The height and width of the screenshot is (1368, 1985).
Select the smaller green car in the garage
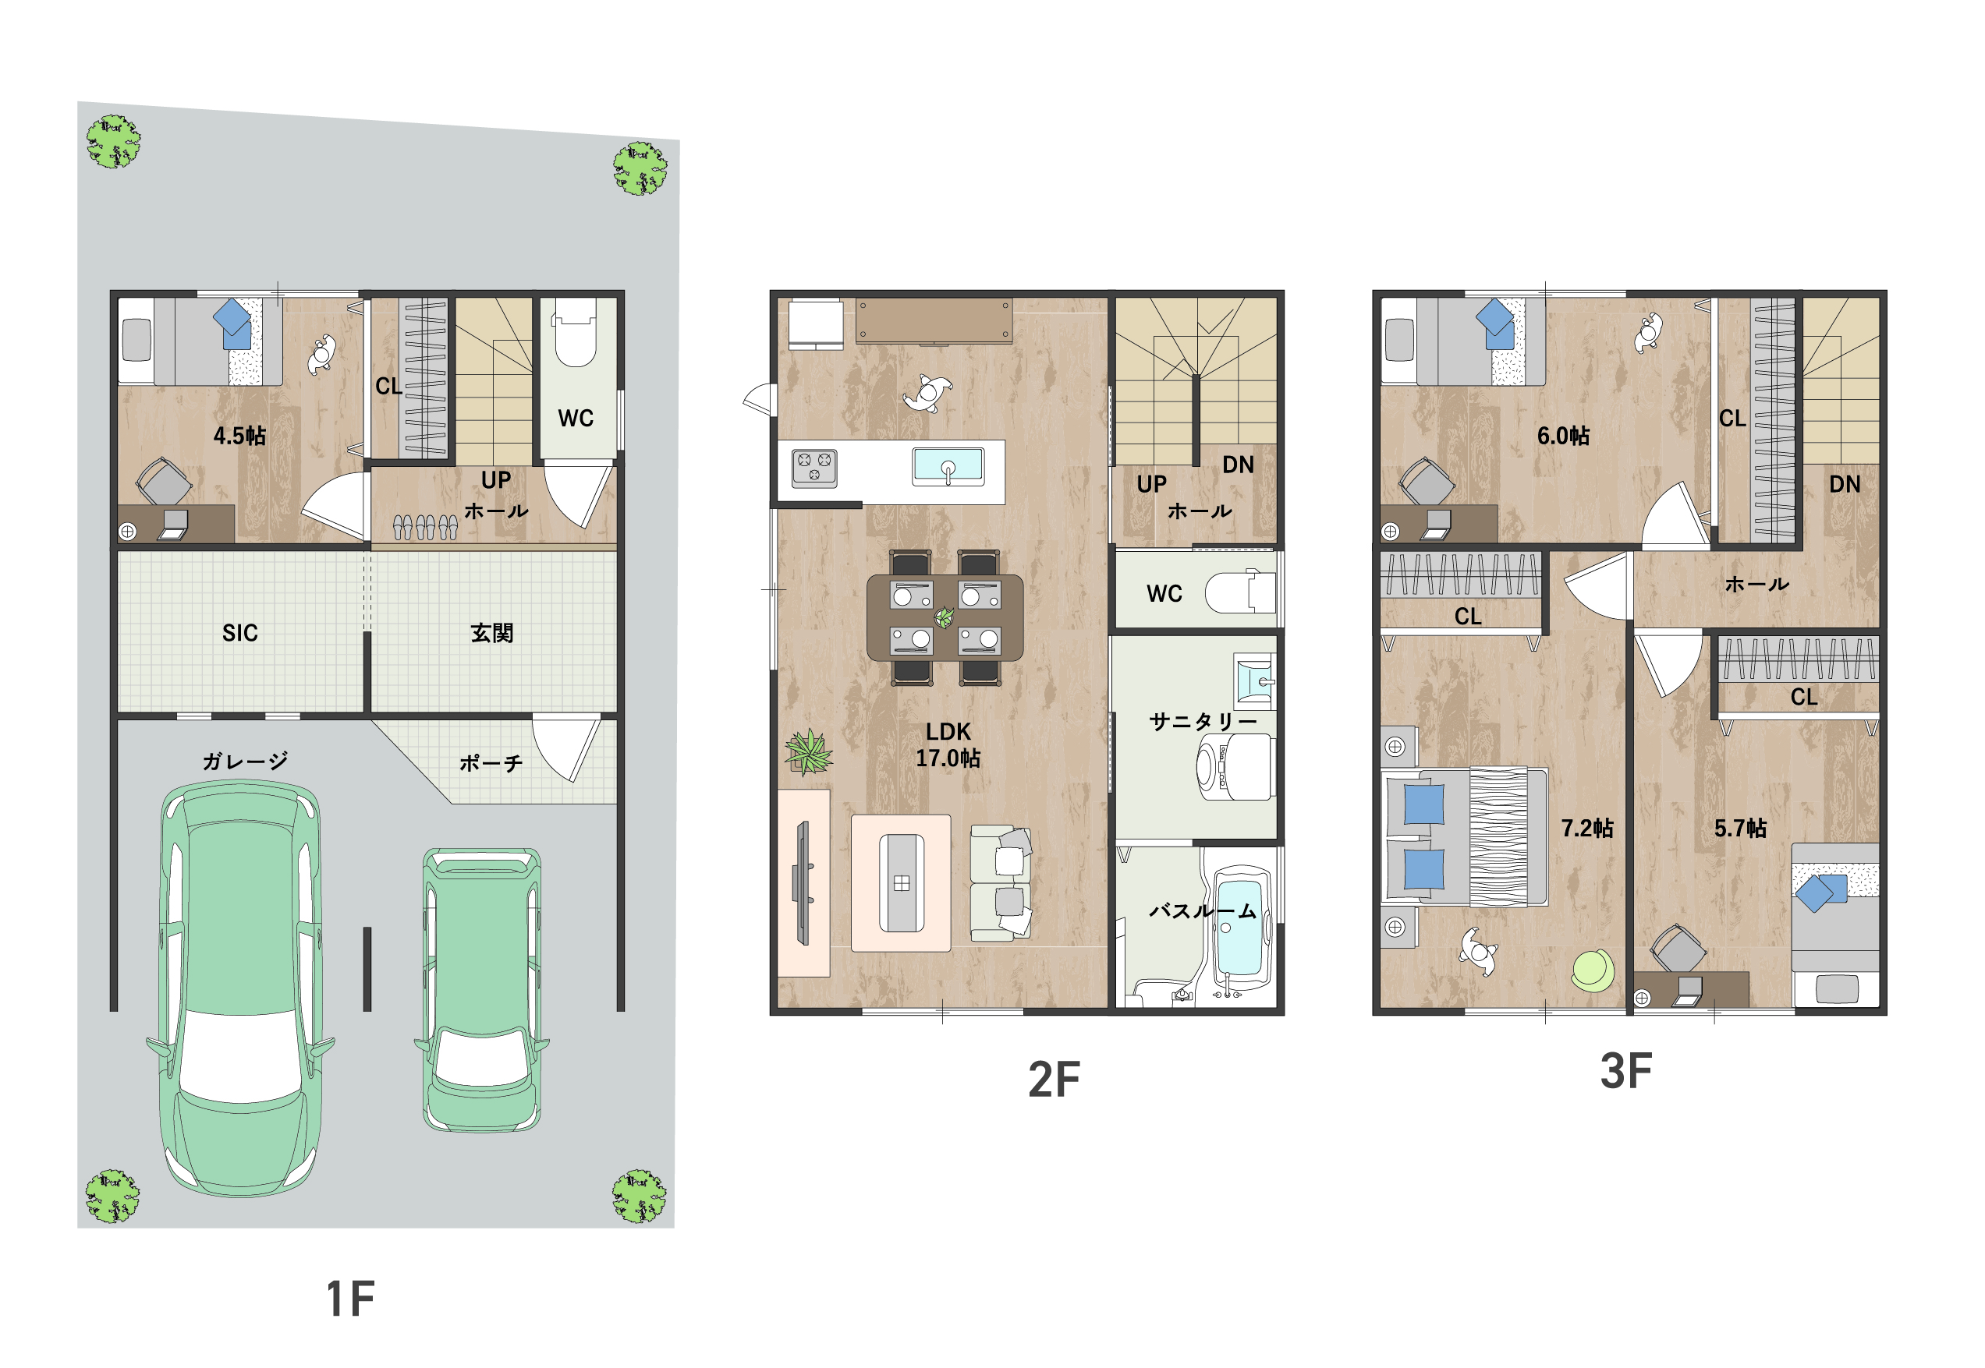coord(482,990)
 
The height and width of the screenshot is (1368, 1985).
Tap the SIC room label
coord(239,634)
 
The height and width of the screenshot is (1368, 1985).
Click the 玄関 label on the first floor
coord(491,634)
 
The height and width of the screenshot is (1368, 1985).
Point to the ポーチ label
coord(491,763)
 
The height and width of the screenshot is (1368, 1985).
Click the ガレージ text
coord(245,761)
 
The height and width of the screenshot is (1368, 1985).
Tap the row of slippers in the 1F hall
coord(424,527)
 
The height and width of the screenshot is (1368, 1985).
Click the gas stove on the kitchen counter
coord(813,468)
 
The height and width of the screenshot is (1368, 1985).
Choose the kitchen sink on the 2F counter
coord(948,467)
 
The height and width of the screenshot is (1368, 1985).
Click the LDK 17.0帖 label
coord(948,745)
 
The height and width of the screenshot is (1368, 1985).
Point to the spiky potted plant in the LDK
coord(808,751)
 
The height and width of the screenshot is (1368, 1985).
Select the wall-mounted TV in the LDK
coord(803,883)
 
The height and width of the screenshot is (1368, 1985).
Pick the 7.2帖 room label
coord(1586,828)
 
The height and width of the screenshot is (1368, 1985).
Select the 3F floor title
coord(1625,1072)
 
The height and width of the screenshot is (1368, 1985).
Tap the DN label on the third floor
coord(1845,484)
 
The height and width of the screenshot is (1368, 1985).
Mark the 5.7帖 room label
coord(1740,828)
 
